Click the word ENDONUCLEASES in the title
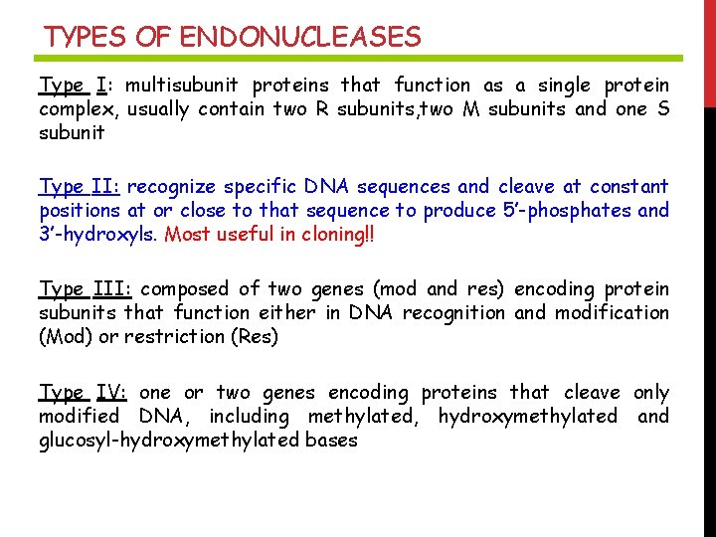[300, 38]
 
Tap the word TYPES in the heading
[86, 38]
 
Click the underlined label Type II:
[81, 186]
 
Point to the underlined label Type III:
[86, 288]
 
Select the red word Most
[187, 235]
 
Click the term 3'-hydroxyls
[97, 235]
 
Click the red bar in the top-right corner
[709, 50]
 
